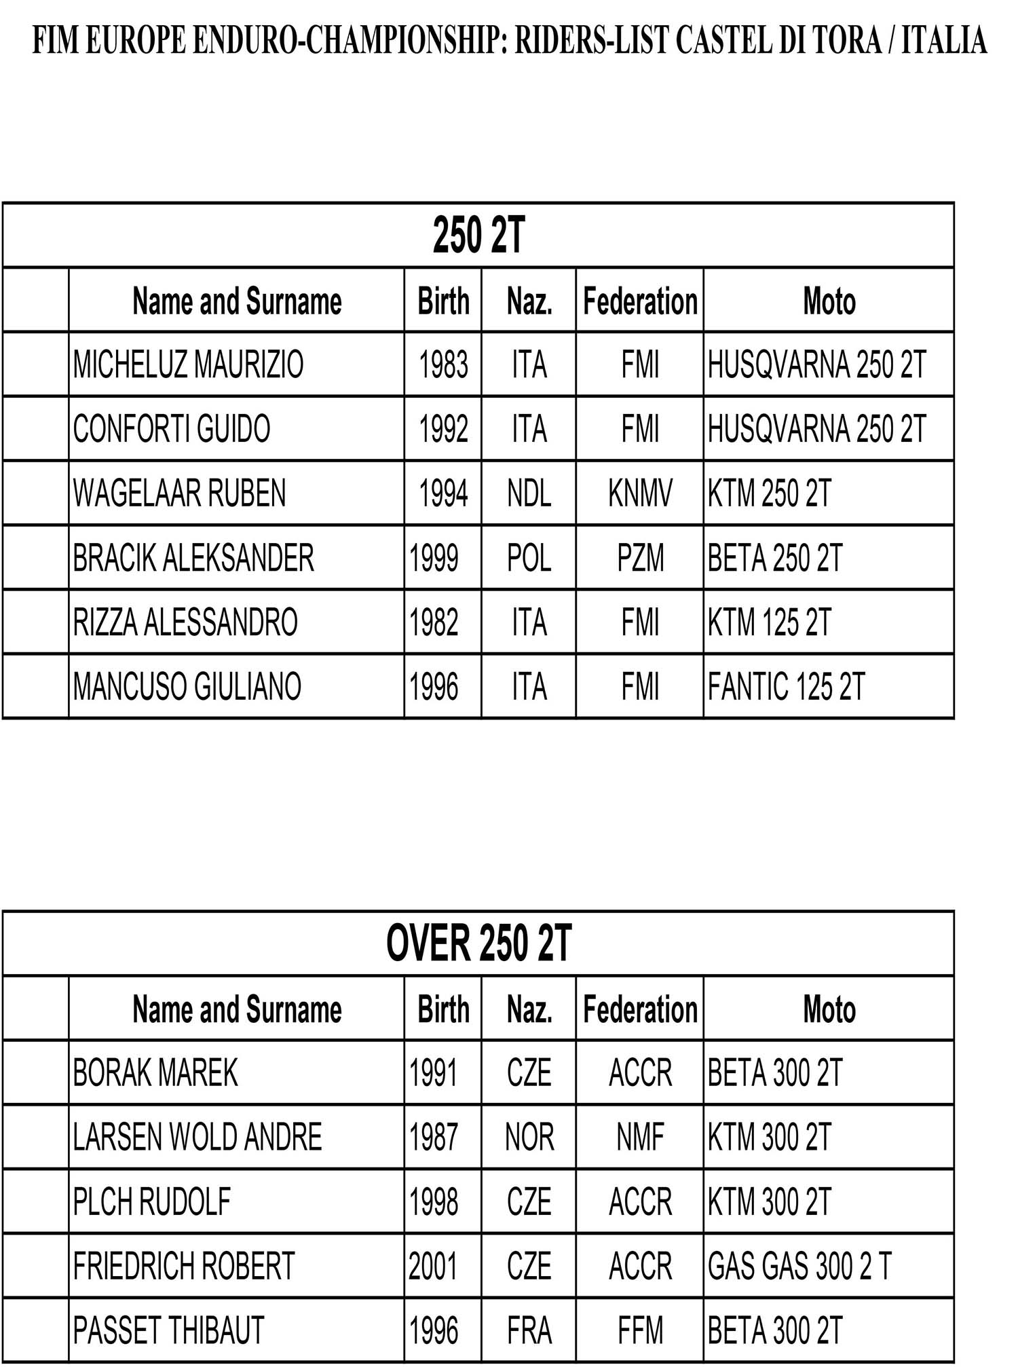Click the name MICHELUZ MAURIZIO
pos(188,364)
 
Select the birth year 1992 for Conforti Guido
pos(443,429)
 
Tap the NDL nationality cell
pos(529,493)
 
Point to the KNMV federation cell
pos(640,493)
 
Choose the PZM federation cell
pos(640,558)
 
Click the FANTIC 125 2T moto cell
pos(786,686)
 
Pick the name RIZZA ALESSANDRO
pos(185,622)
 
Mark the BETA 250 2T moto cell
pos(774,558)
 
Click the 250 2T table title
pos(478,236)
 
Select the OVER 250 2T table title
pos(478,943)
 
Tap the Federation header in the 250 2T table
pos(640,301)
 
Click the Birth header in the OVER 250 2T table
pos(443,1009)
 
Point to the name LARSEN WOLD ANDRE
pos(197,1137)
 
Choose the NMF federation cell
pos(640,1137)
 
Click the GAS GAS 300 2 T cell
pos(799,1266)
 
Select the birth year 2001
pos(433,1266)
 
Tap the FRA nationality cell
pos(529,1330)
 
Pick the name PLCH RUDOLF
pos(152,1201)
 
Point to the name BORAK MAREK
pos(155,1073)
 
